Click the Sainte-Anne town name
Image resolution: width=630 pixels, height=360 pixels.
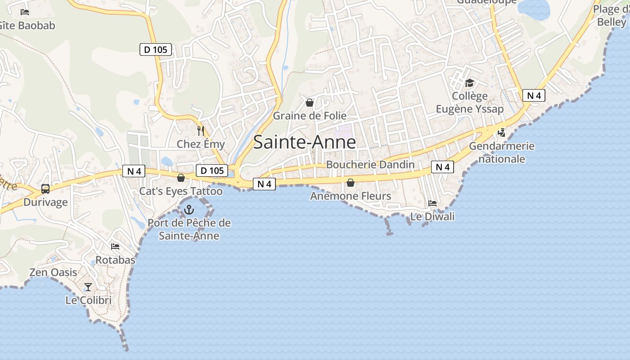304,142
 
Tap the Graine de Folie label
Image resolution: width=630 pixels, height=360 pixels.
310,116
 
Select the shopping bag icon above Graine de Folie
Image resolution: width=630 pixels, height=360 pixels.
310,103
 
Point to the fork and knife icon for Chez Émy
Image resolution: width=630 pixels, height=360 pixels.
201,131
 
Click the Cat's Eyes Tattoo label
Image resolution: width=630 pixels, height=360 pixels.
180,191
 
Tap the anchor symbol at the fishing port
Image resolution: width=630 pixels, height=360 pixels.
189,209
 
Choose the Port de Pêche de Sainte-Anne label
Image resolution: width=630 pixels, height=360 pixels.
189,229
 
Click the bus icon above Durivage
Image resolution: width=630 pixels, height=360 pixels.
45,189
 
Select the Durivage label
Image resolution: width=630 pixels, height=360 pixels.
45,202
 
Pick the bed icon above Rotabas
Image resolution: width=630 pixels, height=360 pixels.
115,247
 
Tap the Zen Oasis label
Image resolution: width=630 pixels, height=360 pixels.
53,272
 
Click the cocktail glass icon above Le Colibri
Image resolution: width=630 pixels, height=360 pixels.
88,287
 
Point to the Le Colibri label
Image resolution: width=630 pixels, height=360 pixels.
88,300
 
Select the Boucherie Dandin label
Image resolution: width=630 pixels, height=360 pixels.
370,165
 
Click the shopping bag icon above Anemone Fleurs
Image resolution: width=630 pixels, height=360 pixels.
351,183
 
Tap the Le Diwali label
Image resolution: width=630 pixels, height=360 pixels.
432,216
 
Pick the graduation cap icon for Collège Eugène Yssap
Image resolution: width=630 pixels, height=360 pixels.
469,83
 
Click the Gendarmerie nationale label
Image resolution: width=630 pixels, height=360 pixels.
502,152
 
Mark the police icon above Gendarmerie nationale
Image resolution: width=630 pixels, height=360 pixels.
502,133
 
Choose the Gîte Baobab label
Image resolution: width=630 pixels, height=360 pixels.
27,25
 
